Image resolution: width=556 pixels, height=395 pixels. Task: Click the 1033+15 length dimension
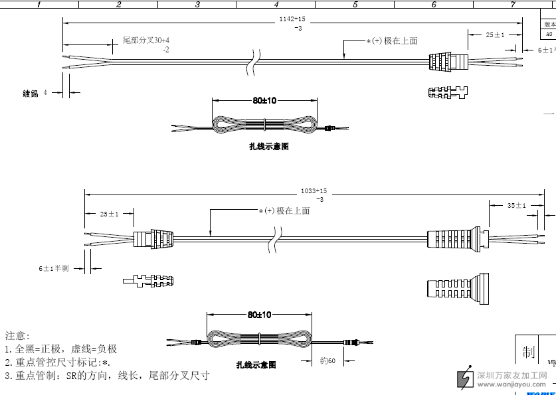[314, 191]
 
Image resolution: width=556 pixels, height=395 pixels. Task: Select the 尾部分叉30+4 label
[145, 41]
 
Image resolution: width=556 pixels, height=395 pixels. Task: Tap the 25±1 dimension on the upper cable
[495, 35]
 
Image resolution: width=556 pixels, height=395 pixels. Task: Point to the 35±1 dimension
[516, 206]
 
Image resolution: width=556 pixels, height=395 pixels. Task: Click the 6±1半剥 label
[53, 268]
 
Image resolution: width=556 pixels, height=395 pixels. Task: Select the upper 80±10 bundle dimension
[264, 101]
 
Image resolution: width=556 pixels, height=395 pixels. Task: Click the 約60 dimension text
[327, 361]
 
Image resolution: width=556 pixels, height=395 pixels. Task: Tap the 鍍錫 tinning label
[31, 94]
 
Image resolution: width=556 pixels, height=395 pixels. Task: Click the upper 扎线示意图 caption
[268, 147]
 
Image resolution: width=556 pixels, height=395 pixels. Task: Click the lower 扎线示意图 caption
[256, 365]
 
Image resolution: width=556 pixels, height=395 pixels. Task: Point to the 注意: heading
[17, 337]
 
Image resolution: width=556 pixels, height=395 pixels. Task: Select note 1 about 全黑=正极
[61, 349]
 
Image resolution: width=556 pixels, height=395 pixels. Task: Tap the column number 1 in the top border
[39, 5]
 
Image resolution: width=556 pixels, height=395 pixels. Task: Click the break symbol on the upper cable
[253, 60]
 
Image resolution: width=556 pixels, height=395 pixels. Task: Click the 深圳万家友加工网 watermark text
[512, 375]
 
